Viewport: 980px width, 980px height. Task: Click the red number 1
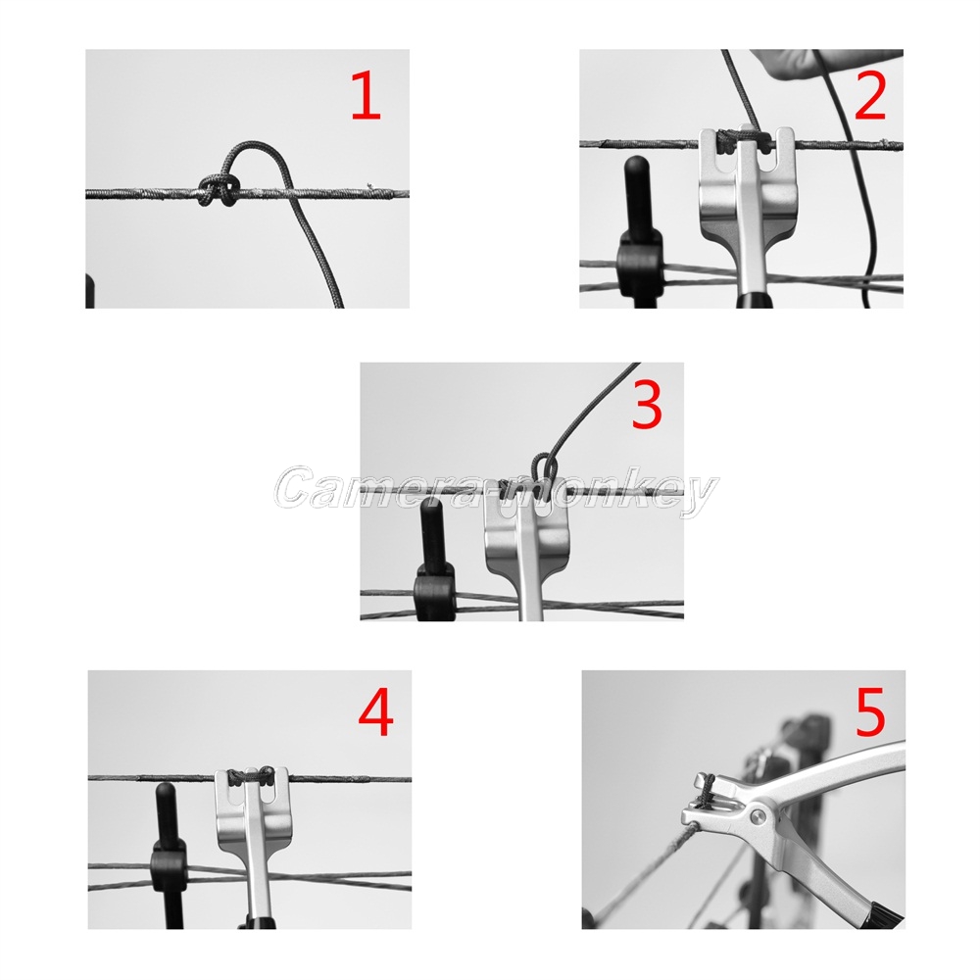click(366, 95)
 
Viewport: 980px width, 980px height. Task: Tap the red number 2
click(870, 95)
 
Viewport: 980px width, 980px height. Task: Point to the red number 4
click(375, 713)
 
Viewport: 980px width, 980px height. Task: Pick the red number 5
click(870, 710)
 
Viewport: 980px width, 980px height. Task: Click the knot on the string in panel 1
click(219, 190)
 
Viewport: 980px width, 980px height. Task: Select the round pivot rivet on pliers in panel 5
click(758, 815)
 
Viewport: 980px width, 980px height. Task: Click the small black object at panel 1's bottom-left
click(89, 291)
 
